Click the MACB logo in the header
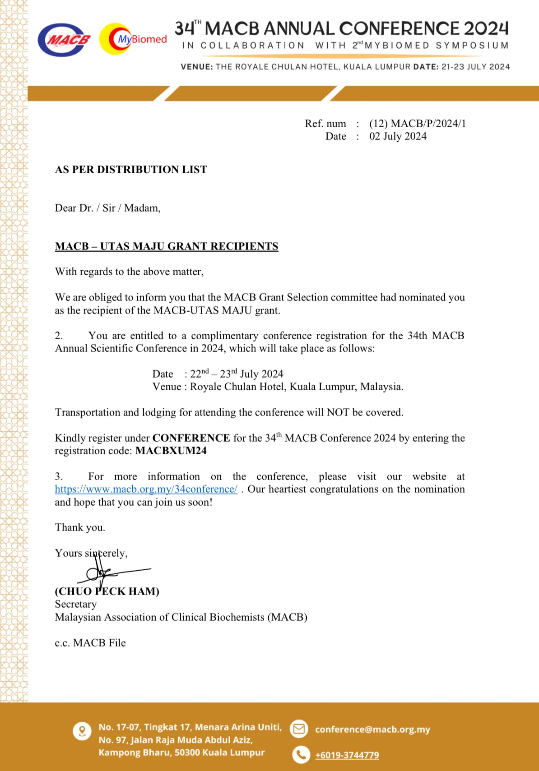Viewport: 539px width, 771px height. pyautogui.click(x=64, y=40)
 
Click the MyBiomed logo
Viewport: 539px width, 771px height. pyautogui.click(x=133, y=39)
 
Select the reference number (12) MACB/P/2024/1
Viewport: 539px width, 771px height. pyautogui.click(x=417, y=124)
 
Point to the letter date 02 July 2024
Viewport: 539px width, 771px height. pyautogui.click(x=398, y=136)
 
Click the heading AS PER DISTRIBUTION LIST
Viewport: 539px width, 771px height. pyautogui.click(x=131, y=170)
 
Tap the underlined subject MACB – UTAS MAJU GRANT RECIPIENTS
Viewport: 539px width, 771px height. pyautogui.click(x=167, y=246)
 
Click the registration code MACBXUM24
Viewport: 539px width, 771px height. pyautogui.click(x=171, y=451)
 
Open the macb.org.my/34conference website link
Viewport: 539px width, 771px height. pyautogui.click(x=146, y=489)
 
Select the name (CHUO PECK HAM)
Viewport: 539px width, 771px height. pyautogui.click(x=107, y=591)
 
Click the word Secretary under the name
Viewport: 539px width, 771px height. pyautogui.click(x=76, y=604)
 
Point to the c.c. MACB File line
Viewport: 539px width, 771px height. pyautogui.click(x=90, y=643)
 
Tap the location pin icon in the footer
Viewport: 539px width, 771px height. pyautogui.click(x=82, y=731)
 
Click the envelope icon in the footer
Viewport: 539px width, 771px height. pyautogui.click(x=299, y=729)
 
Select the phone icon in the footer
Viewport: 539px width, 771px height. pyautogui.click(x=301, y=754)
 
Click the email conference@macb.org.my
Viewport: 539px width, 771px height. pyautogui.click(x=372, y=729)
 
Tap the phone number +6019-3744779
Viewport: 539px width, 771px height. pyautogui.click(x=347, y=755)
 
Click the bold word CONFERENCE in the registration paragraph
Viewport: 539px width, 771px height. pyautogui.click(x=191, y=438)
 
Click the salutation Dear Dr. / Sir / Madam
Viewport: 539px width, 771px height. pyautogui.click(x=107, y=208)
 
